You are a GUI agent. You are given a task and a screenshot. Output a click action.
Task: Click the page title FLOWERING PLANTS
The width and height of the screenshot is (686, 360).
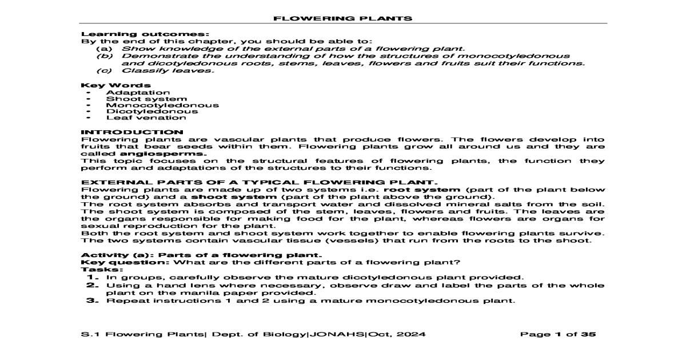[342, 18]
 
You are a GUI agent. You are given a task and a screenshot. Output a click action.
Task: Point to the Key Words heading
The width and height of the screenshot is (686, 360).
[108, 85]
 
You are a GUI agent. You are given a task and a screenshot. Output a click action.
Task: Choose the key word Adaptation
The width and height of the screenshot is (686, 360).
[138, 92]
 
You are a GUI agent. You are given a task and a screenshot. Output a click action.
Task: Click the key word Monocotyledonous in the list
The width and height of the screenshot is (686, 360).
[162, 105]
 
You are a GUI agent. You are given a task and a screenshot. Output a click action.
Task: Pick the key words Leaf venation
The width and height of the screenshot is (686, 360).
[146, 117]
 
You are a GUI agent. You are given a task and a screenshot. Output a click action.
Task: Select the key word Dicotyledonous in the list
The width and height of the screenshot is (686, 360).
[152, 111]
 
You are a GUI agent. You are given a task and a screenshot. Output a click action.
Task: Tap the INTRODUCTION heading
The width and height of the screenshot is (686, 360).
[132, 132]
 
